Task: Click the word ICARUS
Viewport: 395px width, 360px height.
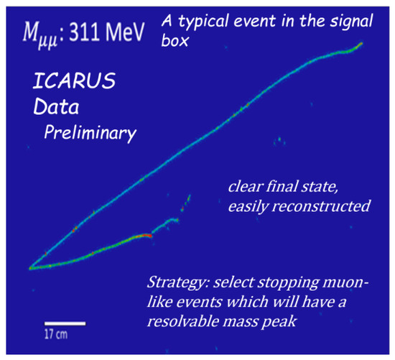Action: [74, 80]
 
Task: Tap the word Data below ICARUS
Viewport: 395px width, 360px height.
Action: [56, 106]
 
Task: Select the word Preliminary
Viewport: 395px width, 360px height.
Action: [90, 133]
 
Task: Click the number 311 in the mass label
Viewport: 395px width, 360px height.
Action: [84, 32]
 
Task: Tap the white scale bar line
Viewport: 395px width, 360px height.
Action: [65, 323]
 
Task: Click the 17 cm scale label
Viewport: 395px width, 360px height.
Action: [56, 334]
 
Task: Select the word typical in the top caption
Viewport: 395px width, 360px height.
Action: [203, 22]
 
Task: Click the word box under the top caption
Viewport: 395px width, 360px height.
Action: [175, 40]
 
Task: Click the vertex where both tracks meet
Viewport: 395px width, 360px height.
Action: [30, 268]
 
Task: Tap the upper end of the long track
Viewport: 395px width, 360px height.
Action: [362, 43]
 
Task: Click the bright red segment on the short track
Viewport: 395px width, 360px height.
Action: [145, 236]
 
